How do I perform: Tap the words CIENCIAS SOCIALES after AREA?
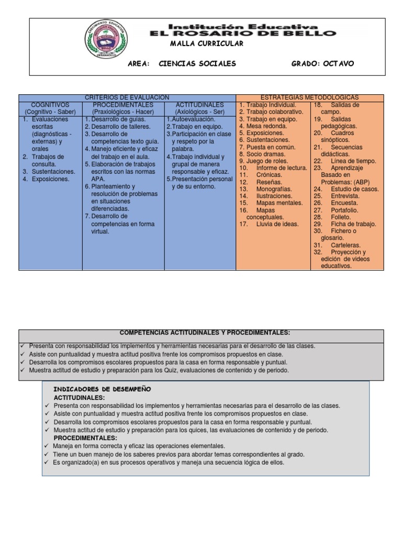pos(189,63)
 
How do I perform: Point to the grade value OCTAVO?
pos(338,63)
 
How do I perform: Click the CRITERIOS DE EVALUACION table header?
pos(127,97)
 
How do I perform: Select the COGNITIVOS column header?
pos(50,105)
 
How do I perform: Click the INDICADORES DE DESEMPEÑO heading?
pos(102,389)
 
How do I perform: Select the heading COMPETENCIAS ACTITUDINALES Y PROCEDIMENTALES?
pos(205,332)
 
